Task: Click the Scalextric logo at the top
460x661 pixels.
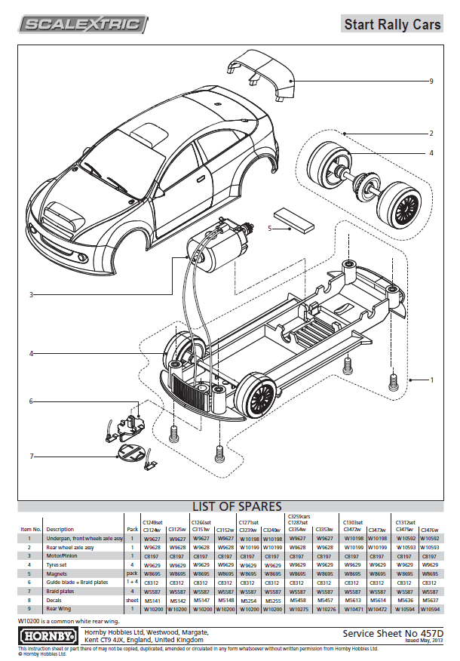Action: point(84,25)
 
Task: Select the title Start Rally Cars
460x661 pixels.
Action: point(392,25)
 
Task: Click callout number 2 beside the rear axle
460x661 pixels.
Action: point(431,134)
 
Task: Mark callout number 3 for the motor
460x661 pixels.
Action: point(31,294)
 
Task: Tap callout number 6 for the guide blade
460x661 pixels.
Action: point(31,401)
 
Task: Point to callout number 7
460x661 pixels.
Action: point(31,456)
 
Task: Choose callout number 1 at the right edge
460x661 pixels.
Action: point(431,379)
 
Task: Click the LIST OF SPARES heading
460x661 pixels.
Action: point(236,506)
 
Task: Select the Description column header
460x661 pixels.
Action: point(60,530)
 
